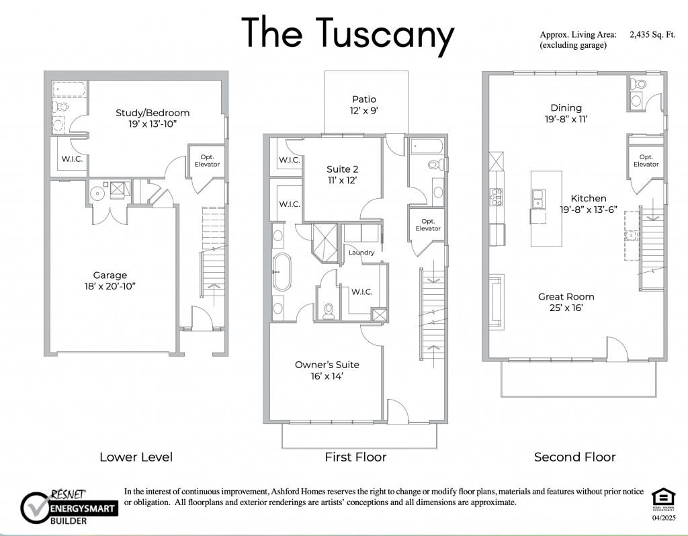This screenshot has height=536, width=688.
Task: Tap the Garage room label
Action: pos(110,275)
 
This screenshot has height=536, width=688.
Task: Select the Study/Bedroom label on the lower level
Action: pos(153,113)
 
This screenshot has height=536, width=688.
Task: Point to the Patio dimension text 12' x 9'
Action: pos(363,111)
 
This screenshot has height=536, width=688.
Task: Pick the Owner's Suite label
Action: pos(327,365)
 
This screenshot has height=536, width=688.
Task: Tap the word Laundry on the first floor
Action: pos(361,253)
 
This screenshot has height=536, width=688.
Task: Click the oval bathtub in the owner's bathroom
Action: pos(282,272)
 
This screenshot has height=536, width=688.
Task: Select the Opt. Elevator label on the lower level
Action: pos(207,161)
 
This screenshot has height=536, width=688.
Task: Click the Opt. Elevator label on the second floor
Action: pos(646,161)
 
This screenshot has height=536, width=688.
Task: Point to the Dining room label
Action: pos(566,107)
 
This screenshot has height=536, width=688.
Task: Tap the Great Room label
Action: pos(566,296)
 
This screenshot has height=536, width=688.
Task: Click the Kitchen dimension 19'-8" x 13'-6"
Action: pos(589,210)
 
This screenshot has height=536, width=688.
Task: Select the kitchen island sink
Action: pos(538,198)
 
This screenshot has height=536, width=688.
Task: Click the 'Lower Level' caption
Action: pos(136,457)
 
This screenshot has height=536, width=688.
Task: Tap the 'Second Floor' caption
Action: pos(575,457)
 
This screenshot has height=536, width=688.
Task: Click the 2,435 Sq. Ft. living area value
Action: pos(652,35)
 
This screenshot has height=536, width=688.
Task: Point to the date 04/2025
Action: pos(664,518)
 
